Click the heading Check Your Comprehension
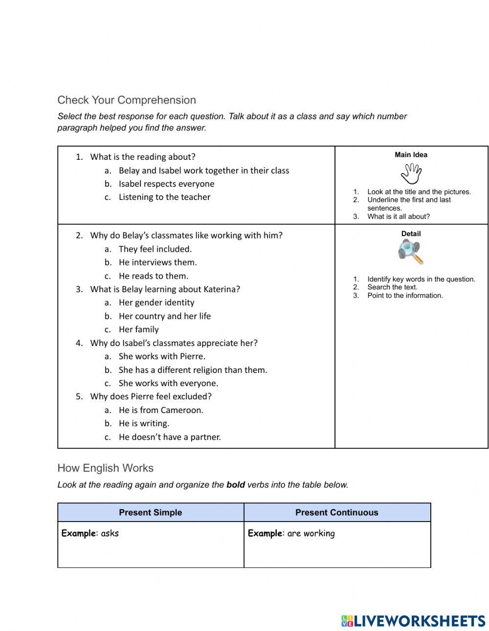tap(127, 100)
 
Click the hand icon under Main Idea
tap(411, 174)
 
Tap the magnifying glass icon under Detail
tap(410, 252)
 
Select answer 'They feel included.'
tap(155, 249)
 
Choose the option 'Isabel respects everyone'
tap(166, 184)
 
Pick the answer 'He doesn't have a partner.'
tap(170, 437)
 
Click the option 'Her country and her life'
tap(165, 316)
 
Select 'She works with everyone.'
tap(168, 383)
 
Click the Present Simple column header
tap(151, 512)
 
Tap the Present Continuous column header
tap(337, 512)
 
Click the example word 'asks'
tap(110, 533)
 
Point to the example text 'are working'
tap(311, 533)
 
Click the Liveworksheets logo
tap(413, 621)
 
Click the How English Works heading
tap(106, 468)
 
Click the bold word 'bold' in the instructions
tap(236, 485)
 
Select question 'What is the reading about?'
tap(143, 157)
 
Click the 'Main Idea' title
tap(411, 155)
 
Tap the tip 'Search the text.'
tap(392, 287)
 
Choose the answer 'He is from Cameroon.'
tap(161, 410)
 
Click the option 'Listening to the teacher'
tap(164, 197)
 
